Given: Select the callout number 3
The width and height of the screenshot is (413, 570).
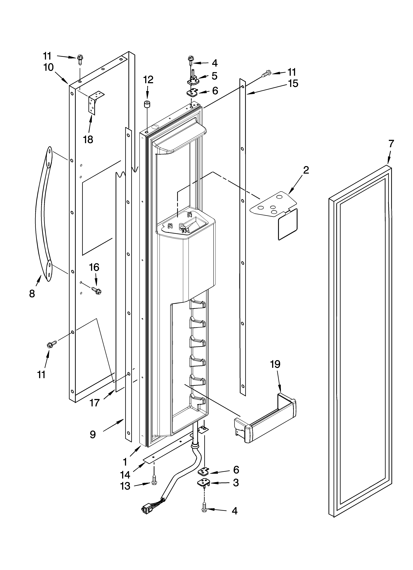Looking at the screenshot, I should [236, 483].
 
